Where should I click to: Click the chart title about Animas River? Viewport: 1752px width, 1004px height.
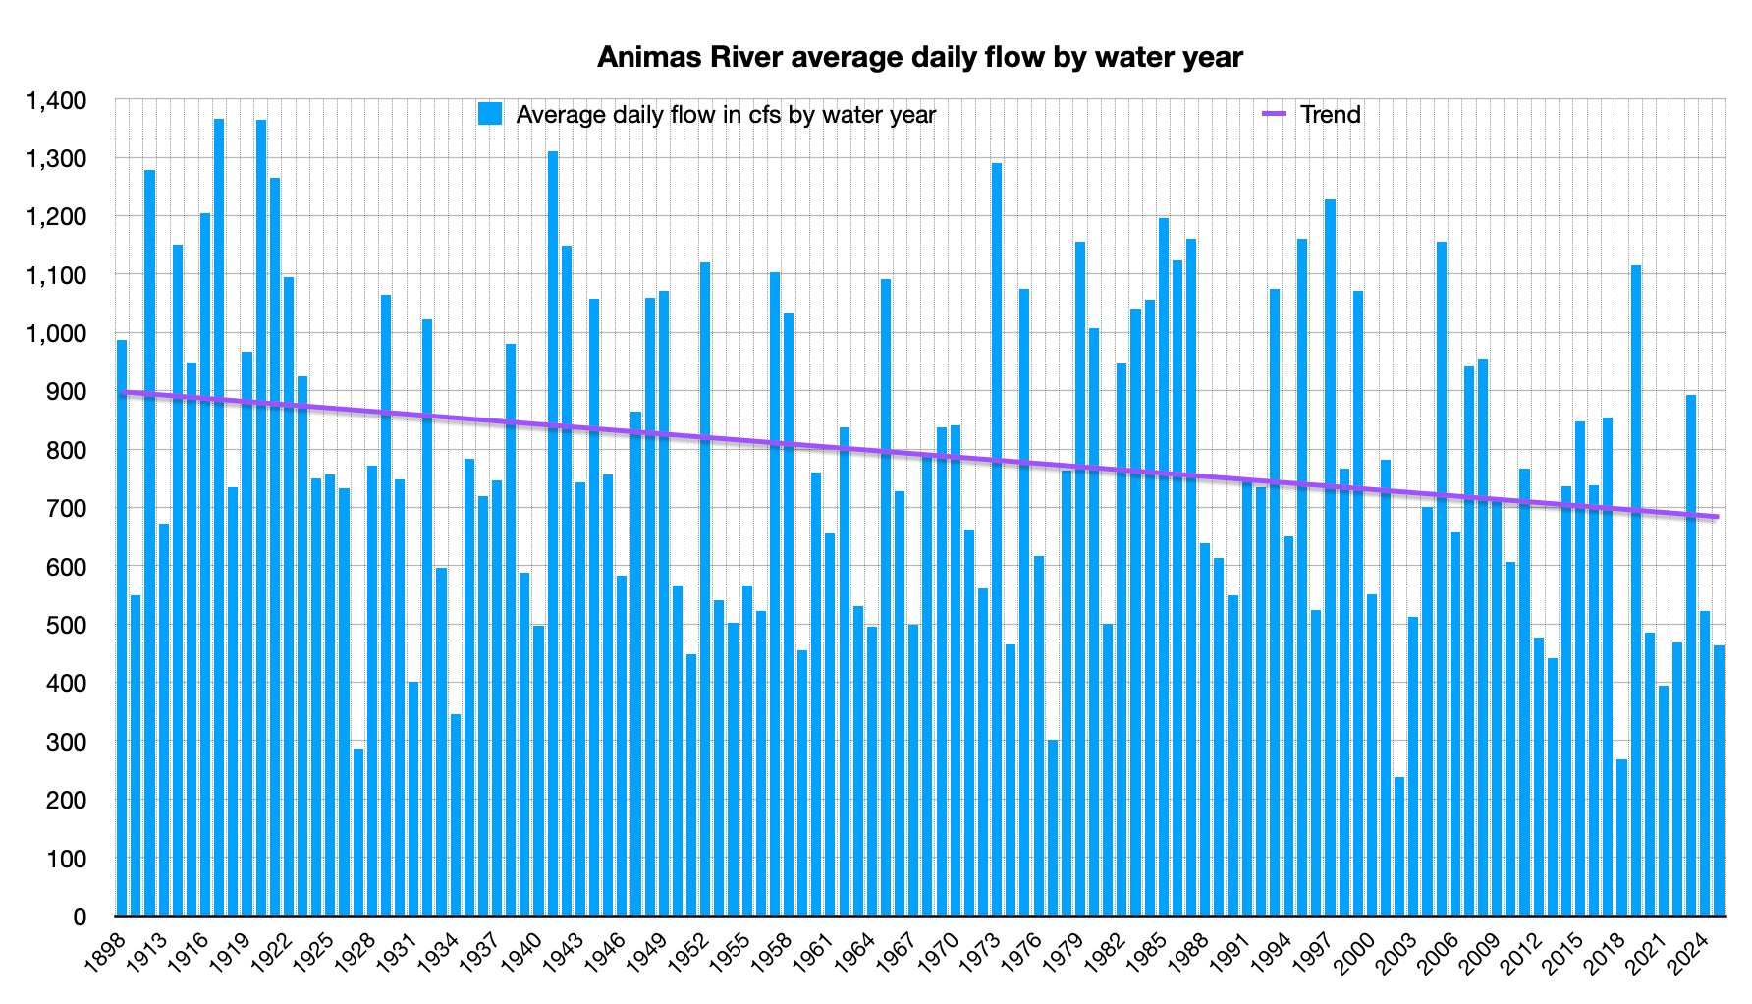[x=920, y=58]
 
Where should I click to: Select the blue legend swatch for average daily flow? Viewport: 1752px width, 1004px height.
[x=490, y=114]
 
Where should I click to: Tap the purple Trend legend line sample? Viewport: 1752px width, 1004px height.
[x=1273, y=114]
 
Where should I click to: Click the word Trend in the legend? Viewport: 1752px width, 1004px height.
[x=1331, y=114]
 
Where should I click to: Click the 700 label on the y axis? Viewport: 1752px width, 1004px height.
[x=67, y=509]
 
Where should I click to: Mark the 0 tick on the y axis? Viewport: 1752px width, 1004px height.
[x=79, y=917]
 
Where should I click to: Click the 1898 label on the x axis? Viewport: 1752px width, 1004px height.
[x=105, y=951]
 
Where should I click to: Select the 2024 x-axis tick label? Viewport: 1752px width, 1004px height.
[x=1690, y=951]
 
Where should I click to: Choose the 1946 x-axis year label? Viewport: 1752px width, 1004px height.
[x=606, y=951]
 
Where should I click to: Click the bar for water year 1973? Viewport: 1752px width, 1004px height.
[x=997, y=540]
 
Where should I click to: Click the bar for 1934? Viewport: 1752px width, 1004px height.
[x=455, y=815]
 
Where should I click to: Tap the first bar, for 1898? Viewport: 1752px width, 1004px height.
[x=122, y=629]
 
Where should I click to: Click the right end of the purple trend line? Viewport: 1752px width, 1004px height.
[x=1717, y=517]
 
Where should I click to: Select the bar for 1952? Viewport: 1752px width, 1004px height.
[x=705, y=589]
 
